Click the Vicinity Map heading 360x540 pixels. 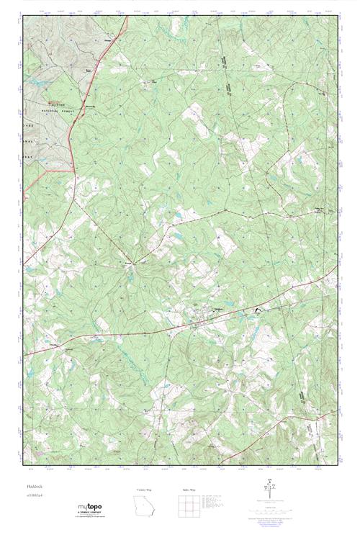(x=144, y=490)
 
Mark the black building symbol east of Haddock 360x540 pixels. (x=256, y=310)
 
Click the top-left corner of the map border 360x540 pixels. (x=22, y=17)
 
